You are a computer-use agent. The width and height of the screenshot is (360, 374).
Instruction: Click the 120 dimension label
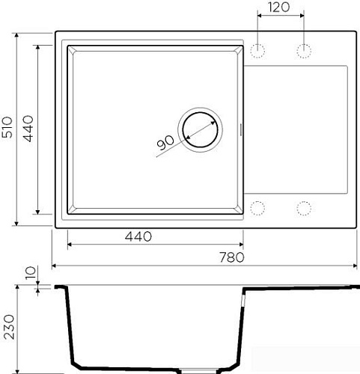pyautogui.click(x=279, y=7)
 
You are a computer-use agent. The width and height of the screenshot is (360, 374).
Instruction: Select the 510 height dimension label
pyautogui.click(x=7, y=127)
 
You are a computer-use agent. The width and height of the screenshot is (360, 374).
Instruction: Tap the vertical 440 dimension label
pyautogui.click(x=28, y=129)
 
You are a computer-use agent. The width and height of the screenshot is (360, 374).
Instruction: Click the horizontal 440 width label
pyautogui.click(x=138, y=236)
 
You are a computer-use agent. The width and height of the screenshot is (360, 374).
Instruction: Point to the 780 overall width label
pyautogui.click(x=232, y=257)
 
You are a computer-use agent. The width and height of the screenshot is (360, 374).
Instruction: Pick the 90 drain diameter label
pyautogui.click(x=165, y=143)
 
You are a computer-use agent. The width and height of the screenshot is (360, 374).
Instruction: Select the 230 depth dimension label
pyautogui.click(x=10, y=327)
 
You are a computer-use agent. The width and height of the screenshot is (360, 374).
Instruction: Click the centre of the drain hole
pyautogui.click(x=200, y=129)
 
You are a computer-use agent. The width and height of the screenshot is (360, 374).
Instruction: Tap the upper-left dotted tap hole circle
pyautogui.click(x=257, y=51)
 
